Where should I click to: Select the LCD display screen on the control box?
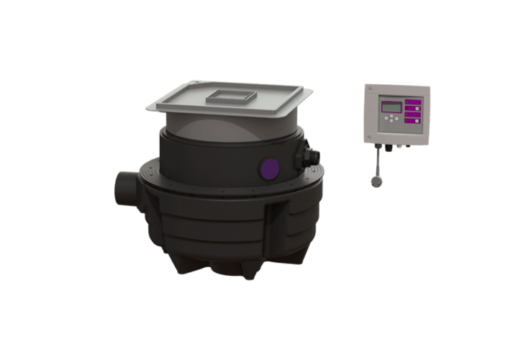coord(391,107)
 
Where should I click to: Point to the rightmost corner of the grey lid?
coord(314,92)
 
